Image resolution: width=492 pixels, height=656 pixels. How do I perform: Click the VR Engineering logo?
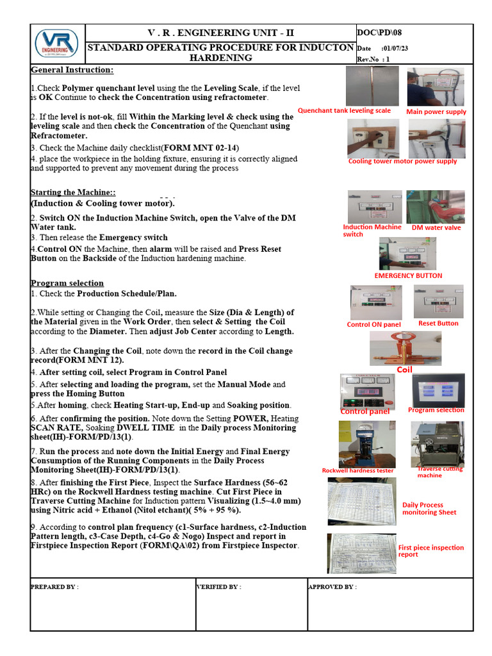pos(56,44)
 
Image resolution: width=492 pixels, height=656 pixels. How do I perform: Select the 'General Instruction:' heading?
pos(72,70)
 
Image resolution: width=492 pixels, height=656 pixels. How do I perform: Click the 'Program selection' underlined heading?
pos(67,283)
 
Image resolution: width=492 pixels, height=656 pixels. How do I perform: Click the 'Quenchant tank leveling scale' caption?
pos(344,110)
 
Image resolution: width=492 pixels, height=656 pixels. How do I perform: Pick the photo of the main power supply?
pos(436,86)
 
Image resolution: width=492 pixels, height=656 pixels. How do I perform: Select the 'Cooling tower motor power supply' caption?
pos(402,161)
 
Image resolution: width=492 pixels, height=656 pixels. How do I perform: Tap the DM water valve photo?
pos(436,206)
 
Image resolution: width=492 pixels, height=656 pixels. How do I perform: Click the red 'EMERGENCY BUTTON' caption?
pos(408,275)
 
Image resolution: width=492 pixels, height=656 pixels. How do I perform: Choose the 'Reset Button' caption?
pos(438,324)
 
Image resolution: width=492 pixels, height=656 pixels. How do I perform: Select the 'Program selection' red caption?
pos(436,410)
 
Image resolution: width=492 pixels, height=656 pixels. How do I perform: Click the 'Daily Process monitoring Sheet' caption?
pos(429,509)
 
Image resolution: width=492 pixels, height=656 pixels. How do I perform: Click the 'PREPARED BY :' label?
pos(54,587)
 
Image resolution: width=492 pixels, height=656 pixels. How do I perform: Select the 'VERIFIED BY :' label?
pos(218,587)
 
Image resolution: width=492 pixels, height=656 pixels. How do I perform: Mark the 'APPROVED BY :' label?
pos(332,587)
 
